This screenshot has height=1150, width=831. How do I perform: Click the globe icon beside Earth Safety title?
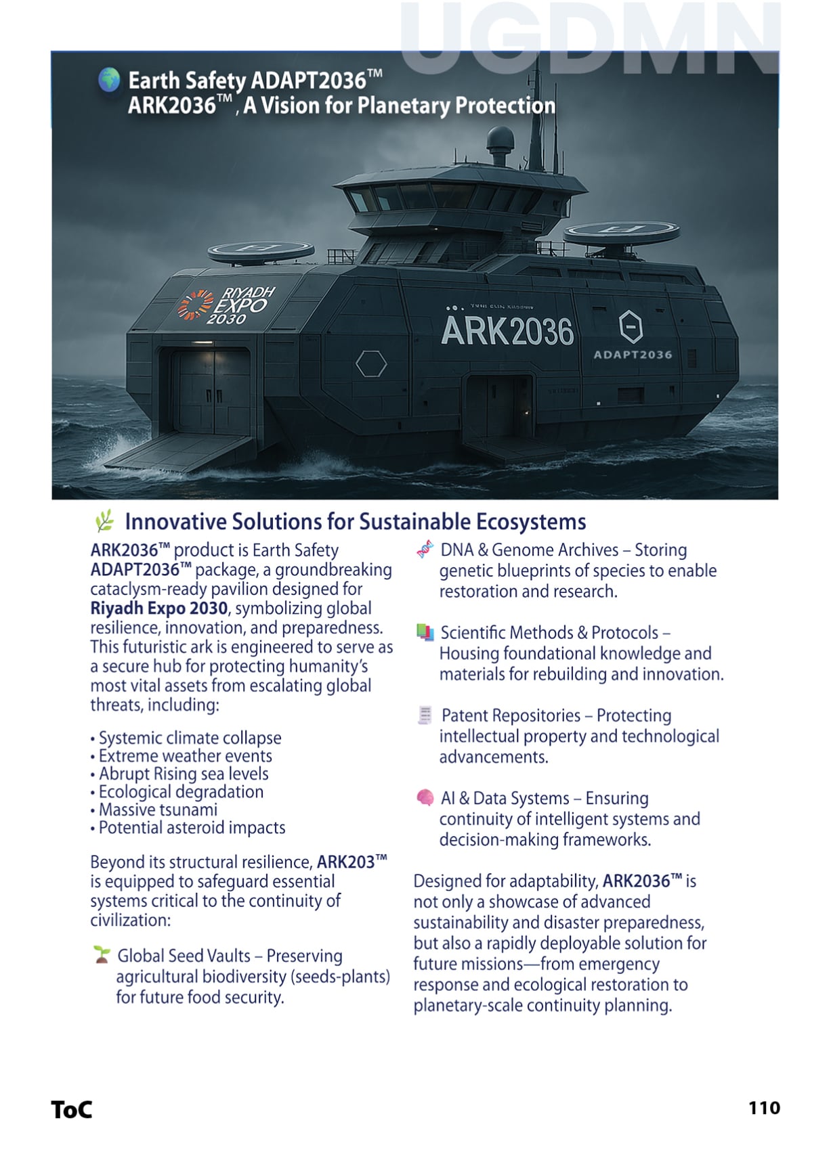[x=108, y=80]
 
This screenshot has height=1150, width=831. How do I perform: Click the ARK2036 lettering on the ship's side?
[x=507, y=331]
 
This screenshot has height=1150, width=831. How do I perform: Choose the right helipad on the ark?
[x=621, y=232]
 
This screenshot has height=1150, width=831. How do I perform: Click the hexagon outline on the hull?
[x=371, y=363]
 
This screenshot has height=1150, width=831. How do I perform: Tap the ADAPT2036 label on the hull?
[x=633, y=354]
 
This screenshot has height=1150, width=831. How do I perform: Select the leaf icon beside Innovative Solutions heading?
[x=104, y=521]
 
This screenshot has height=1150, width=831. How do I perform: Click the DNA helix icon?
[x=425, y=550]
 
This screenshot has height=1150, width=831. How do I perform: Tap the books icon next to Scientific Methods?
[x=425, y=632]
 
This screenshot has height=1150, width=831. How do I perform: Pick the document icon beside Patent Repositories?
[x=425, y=715]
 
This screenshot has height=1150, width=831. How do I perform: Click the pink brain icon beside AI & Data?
[x=425, y=797]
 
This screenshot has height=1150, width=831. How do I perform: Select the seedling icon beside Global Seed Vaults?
[x=102, y=954]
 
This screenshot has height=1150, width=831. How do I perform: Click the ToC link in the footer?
[x=71, y=1109]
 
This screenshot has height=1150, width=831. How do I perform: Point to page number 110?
[x=764, y=1107]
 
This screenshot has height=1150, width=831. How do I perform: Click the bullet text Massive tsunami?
[x=158, y=810]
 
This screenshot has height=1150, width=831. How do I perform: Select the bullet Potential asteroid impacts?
[x=192, y=827]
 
